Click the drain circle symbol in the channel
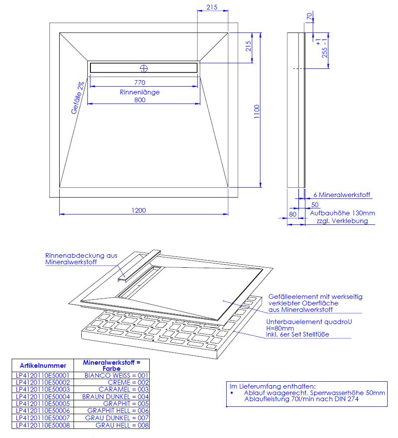coord(144,68)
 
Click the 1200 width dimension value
coord(138,211)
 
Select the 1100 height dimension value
coord(257,111)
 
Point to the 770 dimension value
coord(140,82)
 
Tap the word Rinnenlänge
coord(140,92)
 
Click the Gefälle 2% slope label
coord(77,98)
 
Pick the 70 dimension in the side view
coord(309,16)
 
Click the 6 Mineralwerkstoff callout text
coord(342,195)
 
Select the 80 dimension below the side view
coord(292,214)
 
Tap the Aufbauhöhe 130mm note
coord(343,213)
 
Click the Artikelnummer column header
coord(43,365)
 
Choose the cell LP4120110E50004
coord(43,397)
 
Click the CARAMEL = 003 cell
coord(124,389)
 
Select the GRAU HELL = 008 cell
coord(122,425)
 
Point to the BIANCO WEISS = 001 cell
coord(116,376)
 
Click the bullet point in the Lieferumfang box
coord(232,393)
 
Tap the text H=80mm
coord(280,328)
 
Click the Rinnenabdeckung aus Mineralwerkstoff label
coord(81,259)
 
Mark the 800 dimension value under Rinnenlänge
coord(140,100)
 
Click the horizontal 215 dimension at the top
coord(212,7)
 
